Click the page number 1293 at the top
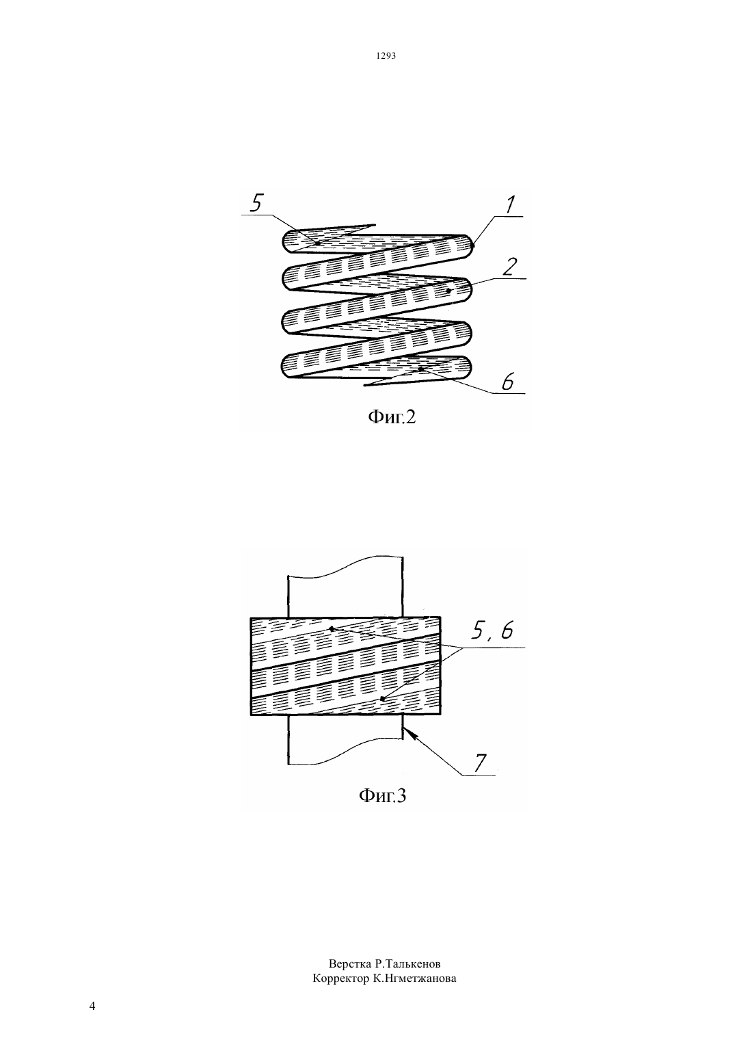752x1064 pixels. (x=386, y=55)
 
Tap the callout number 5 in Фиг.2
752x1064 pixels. (x=256, y=203)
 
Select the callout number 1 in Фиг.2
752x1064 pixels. (x=509, y=204)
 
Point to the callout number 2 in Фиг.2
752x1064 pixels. (x=509, y=267)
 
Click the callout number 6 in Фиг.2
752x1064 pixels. (x=507, y=382)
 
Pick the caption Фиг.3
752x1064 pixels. (x=382, y=795)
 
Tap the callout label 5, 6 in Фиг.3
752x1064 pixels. (x=492, y=630)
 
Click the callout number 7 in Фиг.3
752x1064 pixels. (x=479, y=763)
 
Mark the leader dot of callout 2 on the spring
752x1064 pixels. (x=448, y=290)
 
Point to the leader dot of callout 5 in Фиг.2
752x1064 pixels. (x=318, y=243)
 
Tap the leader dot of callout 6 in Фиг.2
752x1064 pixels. (x=420, y=368)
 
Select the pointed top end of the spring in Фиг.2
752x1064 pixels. (x=375, y=224)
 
